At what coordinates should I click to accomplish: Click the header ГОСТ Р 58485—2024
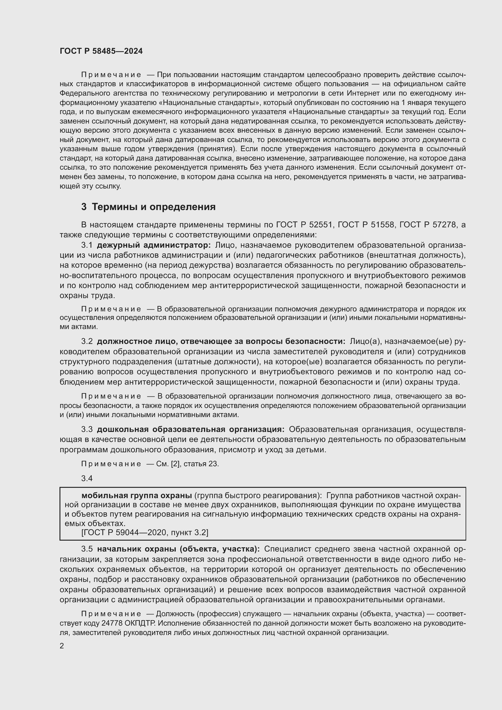click(101, 51)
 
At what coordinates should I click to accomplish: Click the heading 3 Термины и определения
click(148, 207)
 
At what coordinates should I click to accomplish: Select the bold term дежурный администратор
click(154, 245)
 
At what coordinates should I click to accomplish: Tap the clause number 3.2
click(87, 341)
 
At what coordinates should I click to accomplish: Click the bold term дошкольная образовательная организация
click(190, 430)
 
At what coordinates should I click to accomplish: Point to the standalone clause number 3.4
click(87, 478)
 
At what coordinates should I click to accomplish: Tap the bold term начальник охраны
click(137, 549)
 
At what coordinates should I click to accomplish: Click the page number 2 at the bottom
click(62, 646)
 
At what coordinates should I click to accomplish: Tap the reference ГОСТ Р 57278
click(428, 225)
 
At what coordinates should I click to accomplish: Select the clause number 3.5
click(87, 549)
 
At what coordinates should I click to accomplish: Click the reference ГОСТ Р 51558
click(366, 225)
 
